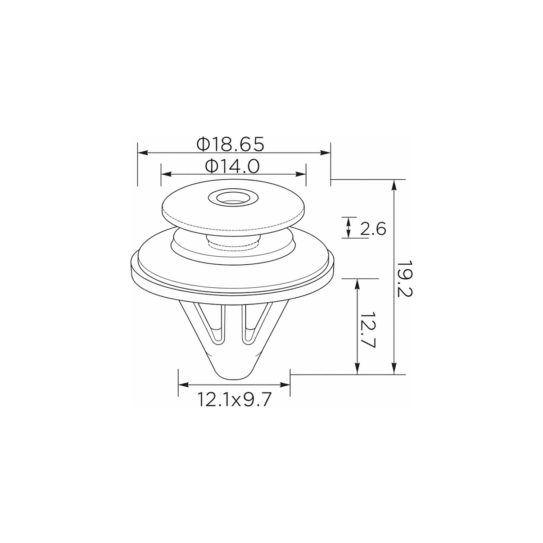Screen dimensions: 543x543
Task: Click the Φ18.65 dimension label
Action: (x=231, y=144)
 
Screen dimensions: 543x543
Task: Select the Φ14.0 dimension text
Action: (x=232, y=166)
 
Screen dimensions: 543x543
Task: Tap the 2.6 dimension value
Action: (x=373, y=229)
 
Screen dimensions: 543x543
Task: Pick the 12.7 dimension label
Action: (x=368, y=330)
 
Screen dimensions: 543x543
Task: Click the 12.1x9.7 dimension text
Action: (x=234, y=399)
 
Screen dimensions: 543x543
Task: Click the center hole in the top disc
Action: (x=233, y=198)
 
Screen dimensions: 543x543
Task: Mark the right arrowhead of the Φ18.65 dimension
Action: (x=325, y=153)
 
